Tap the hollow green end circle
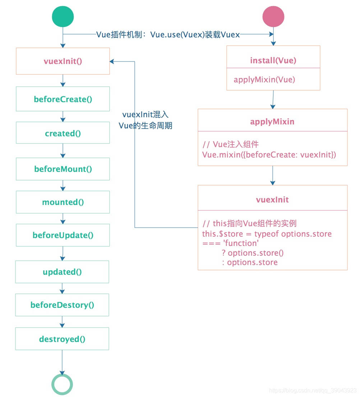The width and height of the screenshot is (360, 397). pyautogui.click(x=62, y=384)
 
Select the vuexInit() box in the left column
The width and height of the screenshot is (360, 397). pyautogui.click(x=63, y=61)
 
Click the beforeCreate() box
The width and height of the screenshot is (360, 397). pyautogui.click(x=63, y=99)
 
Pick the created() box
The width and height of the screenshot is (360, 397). pyautogui.click(x=63, y=133)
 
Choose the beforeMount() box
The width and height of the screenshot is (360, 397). pyautogui.click(x=63, y=169)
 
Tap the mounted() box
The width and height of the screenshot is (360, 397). pyautogui.click(x=63, y=202)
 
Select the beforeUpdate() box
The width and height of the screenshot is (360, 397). pyautogui.click(x=63, y=236)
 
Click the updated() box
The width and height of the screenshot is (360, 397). pyautogui.click(x=62, y=272)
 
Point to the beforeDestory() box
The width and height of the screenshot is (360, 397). pyautogui.click(x=62, y=305)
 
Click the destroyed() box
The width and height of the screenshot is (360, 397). pyautogui.click(x=62, y=339)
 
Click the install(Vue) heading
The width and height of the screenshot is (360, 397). pyautogui.click(x=273, y=60)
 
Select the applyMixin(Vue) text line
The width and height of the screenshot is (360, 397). pyautogui.click(x=264, y=79)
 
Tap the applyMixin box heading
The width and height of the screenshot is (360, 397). pyautogui.click(x=272, y=122)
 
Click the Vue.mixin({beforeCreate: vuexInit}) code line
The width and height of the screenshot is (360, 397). pyautogui.click(x=269, y=155)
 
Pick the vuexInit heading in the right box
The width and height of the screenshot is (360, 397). pyautogui.click(x=272, y=199)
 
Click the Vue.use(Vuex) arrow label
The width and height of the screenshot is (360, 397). pyautogui.click(x=168, y=35)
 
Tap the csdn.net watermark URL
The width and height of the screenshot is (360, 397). pyautogui.click(x=313, y=391)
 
